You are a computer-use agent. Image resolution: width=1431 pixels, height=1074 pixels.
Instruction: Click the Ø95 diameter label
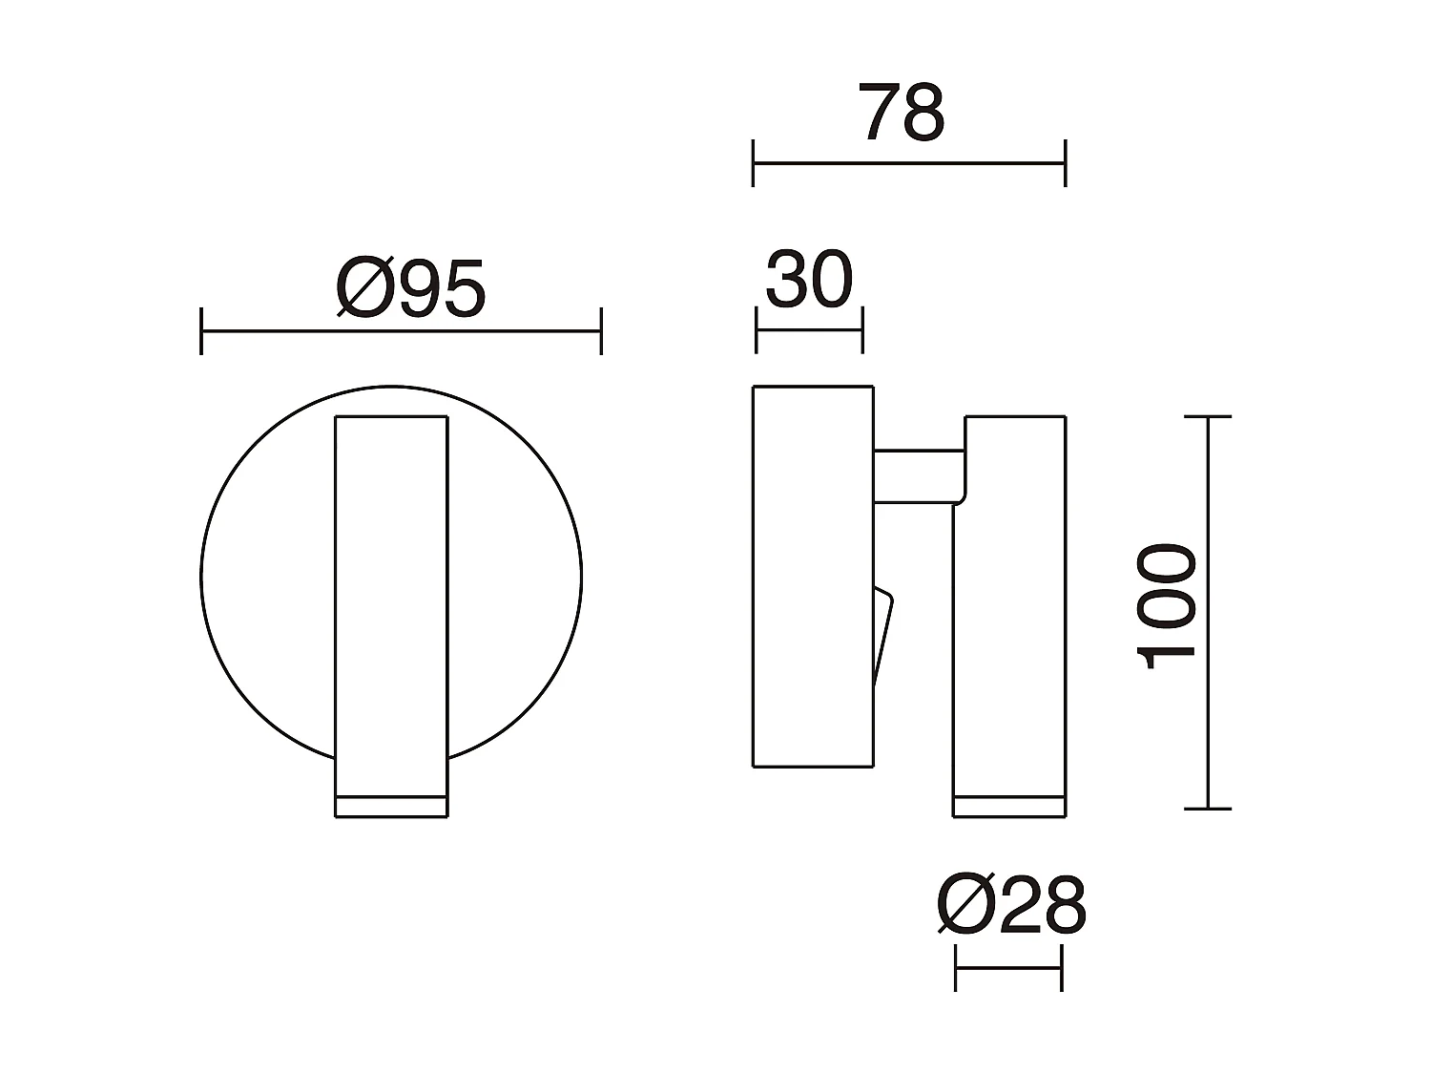(x=411, y=288)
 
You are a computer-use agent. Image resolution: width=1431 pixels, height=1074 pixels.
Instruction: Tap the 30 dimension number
(x=809, y=281)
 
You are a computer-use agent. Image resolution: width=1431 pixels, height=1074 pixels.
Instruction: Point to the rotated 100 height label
(x=1166, y=607)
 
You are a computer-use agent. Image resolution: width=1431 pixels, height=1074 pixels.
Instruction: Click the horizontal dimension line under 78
(x=908, y=163)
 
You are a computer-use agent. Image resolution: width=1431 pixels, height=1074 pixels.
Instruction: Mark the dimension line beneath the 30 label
(x=809, y=330)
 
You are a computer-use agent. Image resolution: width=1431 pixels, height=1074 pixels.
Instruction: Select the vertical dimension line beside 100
(x=1209, y=611)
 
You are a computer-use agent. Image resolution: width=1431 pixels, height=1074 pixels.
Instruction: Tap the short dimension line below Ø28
(x=1008, y=967)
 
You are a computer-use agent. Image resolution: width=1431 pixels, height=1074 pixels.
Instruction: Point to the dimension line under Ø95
(x=401, y=331)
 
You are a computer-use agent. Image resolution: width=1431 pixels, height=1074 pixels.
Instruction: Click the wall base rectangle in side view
(x=813, y=576)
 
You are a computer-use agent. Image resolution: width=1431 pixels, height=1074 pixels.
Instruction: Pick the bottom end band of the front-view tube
(x=391, y=806)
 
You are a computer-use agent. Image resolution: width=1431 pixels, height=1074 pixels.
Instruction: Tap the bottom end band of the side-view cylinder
(x=1009, y=806)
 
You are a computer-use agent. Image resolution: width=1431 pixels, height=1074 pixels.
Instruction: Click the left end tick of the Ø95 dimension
(x=201, y=331)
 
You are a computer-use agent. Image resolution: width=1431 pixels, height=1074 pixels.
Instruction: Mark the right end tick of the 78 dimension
(x=1065, y=163)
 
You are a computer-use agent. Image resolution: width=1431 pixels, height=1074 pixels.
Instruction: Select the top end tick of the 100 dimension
(x=1208, y=417)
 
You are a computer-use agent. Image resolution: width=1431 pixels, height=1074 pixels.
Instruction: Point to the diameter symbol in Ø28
(x=965, y=905)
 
